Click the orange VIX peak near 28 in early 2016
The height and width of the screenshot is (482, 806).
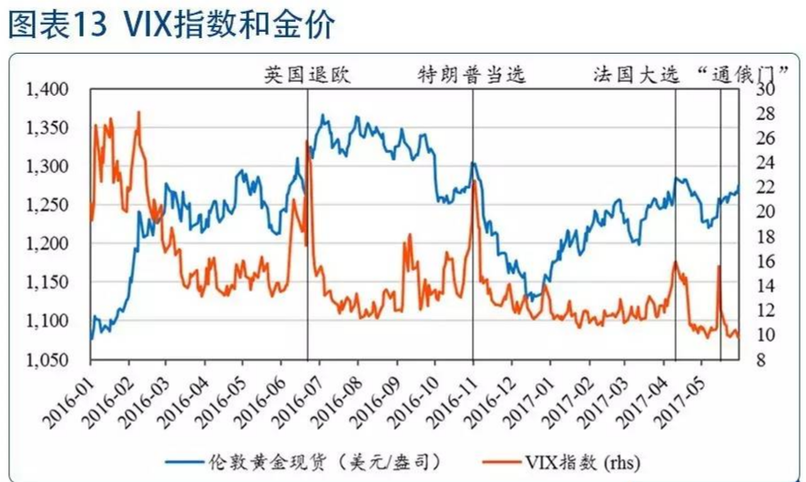[138, 112]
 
